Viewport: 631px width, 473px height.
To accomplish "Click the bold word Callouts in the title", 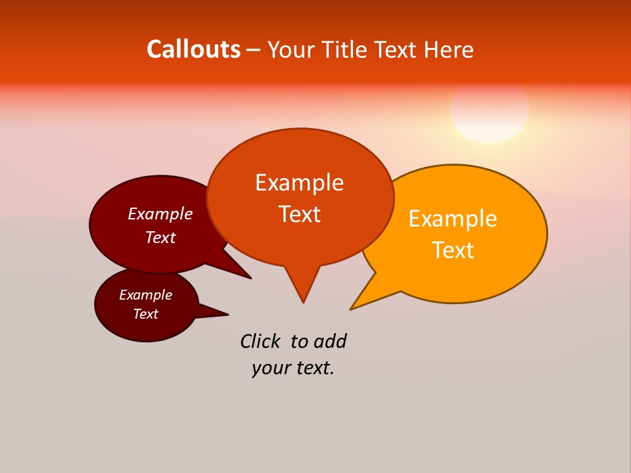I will pos(193,49).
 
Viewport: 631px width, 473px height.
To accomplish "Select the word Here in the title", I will pos(448,49).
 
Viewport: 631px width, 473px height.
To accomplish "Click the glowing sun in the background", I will pos(490,110).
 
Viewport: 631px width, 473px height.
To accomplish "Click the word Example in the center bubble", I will pos(299,183).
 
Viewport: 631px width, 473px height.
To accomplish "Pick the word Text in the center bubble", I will pos(299,214).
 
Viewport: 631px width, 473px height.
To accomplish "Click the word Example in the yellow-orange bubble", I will pos(453,219).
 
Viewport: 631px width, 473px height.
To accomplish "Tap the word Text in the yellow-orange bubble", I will pos(453,250).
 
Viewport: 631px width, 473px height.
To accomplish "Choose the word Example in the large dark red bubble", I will pos(160,214).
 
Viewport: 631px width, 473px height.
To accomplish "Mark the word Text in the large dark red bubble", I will pos(160,237).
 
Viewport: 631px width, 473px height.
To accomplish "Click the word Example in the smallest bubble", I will pos(145,295).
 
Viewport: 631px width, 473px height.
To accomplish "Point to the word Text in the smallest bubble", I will pos(145,314).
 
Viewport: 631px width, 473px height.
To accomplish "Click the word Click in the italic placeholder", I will pos(260,341).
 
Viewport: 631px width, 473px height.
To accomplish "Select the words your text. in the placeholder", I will pos(292,369).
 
